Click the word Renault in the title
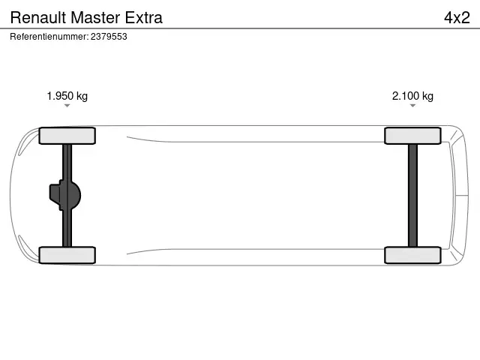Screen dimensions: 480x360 click(x=38, y=17)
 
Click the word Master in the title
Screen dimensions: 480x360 click(x=95, y=17)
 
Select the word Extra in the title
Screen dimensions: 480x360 click(x=143, y=17)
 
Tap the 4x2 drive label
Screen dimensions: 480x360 click(x=457, y=17)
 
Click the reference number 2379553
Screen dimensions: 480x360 click(x=109, y=37)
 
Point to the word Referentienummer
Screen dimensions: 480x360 click(x=49, y=37)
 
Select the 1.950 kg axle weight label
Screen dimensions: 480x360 click(x=67, y=96)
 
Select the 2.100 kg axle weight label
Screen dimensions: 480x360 click(x=412, y=96)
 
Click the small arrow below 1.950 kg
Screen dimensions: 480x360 click(x=67, y=106)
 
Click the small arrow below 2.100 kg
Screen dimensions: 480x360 click(x=412, y=106)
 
